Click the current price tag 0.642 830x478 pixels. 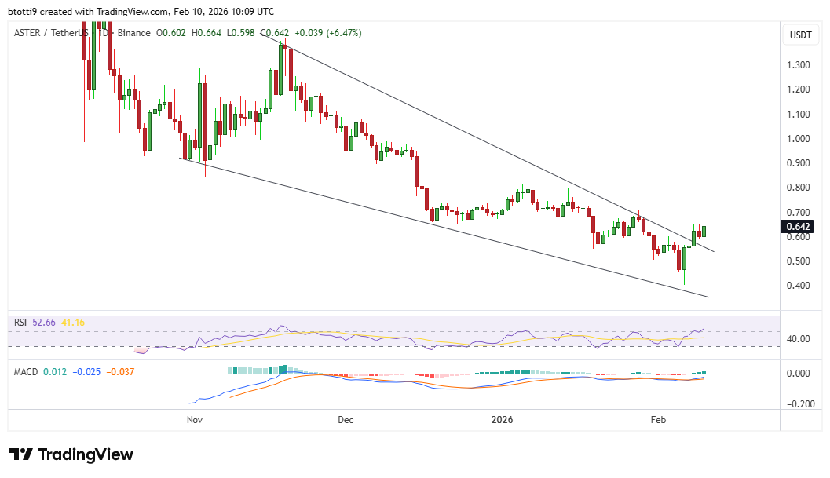point(800,227)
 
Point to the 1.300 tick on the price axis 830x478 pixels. point(800,65)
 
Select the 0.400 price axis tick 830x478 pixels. point(800,286)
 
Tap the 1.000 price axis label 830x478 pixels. point(800,139)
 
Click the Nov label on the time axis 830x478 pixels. point(195,420)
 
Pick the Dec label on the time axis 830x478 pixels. point(346,420)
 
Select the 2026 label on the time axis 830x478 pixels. point(501,420)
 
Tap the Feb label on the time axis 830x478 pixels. point(658,420)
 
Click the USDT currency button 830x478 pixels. point(800,35)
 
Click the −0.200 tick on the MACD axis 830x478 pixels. point(799,404)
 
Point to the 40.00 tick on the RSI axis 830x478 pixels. point(800,339)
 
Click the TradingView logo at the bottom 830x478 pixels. point(71,454)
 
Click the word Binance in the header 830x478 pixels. point(135,33)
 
